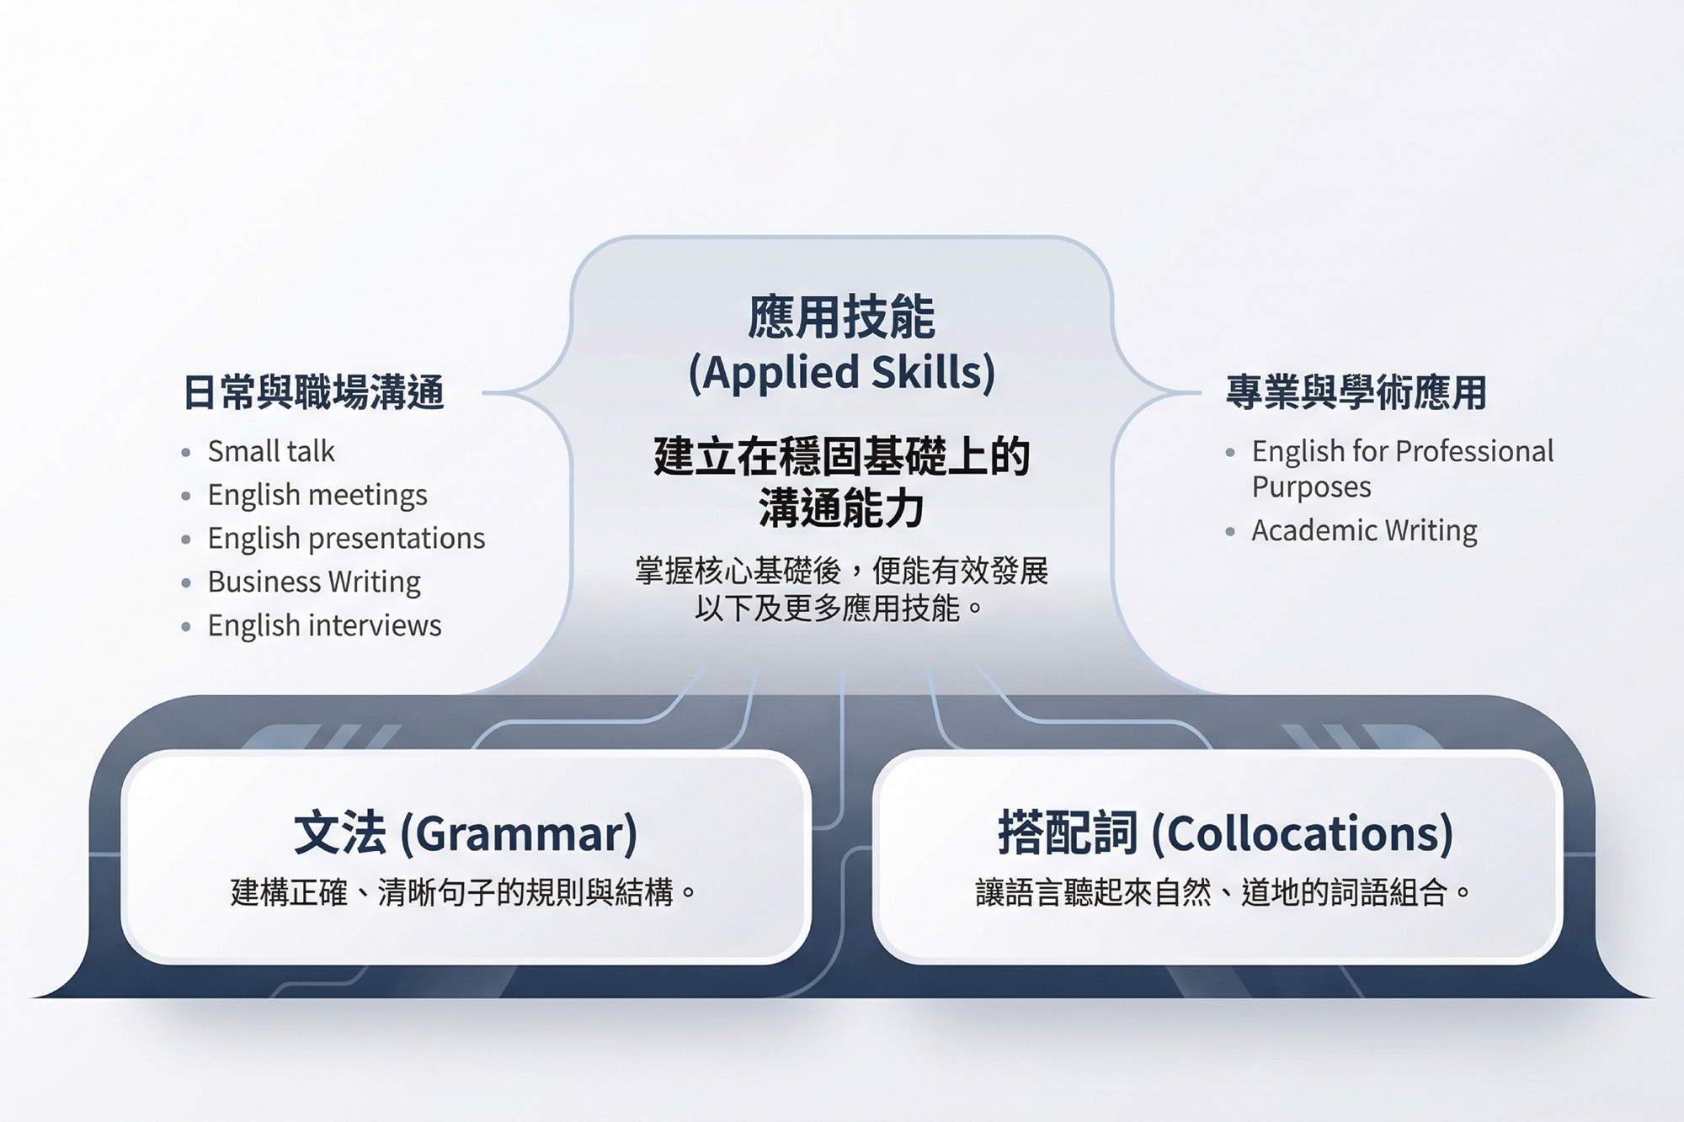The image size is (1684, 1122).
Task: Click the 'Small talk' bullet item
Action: coord(271,452)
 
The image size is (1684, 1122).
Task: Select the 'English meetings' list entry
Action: coord(317,496)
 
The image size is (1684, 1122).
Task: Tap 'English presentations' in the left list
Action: coord(346,539)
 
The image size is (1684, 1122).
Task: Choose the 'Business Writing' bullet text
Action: coord(314,582)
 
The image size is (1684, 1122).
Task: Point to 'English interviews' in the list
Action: coord(324,625)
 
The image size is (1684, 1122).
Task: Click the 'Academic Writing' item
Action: coord(1364,531)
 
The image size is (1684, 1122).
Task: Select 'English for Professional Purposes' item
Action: coord(1403,469)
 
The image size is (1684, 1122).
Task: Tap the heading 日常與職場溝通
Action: coord(313,393)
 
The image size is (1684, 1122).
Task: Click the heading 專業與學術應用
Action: coord(1356,393)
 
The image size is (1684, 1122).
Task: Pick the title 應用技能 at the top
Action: coord(841,316)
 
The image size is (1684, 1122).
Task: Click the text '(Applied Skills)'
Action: coord(841,373)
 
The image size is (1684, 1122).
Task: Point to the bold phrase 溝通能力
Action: coord(841,508)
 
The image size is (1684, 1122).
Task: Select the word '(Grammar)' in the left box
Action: coord(518,834)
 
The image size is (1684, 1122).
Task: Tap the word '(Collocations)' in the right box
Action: coord(1302,834)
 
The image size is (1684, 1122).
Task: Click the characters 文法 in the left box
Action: coord(340,833)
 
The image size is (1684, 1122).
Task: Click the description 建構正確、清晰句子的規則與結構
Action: coord(452,892)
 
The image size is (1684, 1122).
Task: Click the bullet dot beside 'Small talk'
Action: coord(186,453)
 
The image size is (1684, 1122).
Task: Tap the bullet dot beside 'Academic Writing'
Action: coord(1230,532)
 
